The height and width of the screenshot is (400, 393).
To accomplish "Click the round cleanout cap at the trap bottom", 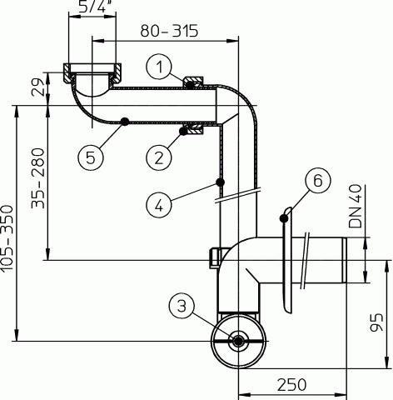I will (x=238, y=342).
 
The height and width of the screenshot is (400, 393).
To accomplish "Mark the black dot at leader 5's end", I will (x=123, y=122).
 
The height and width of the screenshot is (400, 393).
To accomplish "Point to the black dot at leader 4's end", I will (x=219, y=181).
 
